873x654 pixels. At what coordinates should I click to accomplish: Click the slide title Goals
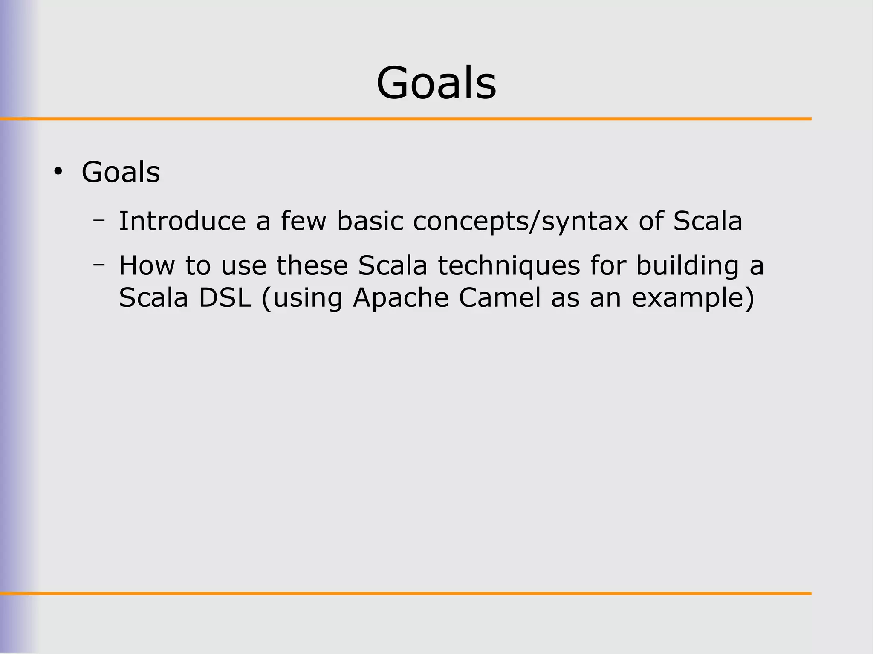(436, 83)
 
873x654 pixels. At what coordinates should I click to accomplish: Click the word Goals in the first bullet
(121, 172)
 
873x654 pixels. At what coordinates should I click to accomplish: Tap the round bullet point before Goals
(58, 172)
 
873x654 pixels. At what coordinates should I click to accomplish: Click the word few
(303, 221)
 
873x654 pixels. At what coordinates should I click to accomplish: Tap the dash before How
(99, 265)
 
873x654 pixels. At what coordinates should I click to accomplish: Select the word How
(147, 265)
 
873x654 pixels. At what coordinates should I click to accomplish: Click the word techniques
(509, 266)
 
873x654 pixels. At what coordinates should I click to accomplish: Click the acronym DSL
(225, 298)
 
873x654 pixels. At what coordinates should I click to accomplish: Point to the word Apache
(401, 298)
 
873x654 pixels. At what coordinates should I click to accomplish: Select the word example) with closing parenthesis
(693, 299)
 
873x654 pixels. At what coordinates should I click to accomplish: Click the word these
(312, 265)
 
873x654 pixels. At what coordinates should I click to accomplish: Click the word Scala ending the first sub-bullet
(707, 221)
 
